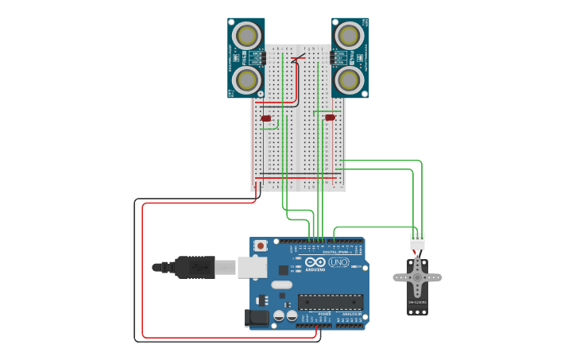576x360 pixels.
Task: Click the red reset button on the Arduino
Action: [261, 246]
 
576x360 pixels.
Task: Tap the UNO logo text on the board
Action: [339, 262]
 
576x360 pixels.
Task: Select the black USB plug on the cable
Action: [194, 267]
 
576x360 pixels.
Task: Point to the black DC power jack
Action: [257, 318]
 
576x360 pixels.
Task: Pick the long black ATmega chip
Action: [331, 301]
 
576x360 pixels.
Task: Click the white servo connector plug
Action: [417, 242]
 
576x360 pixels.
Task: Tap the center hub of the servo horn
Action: [417, 277]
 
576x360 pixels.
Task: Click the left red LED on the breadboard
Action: [265, 118]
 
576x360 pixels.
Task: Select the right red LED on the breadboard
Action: [330, 118]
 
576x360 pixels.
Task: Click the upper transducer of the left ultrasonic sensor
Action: [247, 36]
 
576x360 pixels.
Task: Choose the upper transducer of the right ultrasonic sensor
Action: [349, 36]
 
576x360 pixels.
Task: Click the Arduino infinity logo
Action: [315, 262]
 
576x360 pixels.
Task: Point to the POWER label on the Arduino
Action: [324, 314]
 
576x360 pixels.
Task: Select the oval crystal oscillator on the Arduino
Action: [281, 285]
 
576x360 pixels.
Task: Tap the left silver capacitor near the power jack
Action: [279, 315]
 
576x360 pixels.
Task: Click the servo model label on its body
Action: [417, 303]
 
